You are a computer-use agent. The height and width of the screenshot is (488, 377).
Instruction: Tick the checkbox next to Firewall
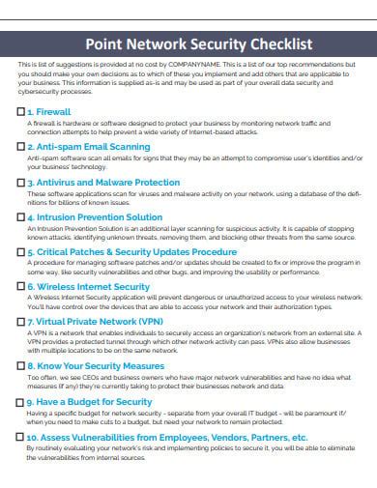click(x=21, y=113)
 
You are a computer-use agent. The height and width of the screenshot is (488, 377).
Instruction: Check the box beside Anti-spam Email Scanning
click(x=21, y=147)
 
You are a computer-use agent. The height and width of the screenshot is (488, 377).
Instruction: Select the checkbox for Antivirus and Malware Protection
click(x=21, y=181)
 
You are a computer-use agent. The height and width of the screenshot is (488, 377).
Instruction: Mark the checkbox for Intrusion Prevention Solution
click(x=21, y=216)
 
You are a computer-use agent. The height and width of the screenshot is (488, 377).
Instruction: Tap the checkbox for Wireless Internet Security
click(x=21, y=287)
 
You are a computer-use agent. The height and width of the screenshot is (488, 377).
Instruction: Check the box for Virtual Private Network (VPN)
click(x=21, y=321)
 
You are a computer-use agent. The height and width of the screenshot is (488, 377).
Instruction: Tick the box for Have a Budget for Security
click(x=21, y=401)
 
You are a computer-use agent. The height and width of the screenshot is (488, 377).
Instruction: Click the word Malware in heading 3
click(x=107, y=181)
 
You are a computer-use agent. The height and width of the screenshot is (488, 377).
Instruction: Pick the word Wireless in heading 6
click(x=60, y=287)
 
